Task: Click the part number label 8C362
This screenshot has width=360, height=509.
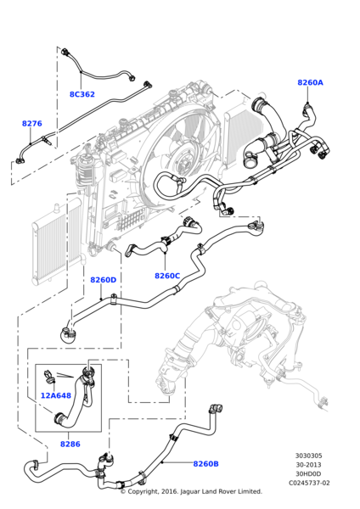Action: [x=82, y=94]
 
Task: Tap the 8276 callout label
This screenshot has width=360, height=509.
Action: [x=31, y=124]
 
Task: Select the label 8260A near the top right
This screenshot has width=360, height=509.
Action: [x=310, y=83]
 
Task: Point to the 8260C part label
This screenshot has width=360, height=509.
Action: [x=166, y=276]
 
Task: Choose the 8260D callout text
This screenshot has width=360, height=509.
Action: [x=103, y=280]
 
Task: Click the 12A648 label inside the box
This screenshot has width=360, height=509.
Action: [x=56, y=395]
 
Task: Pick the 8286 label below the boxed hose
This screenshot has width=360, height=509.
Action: [x=70, y=444]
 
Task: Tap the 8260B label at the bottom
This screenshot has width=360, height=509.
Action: [x=205, y=464]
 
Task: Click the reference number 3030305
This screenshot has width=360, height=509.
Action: [x=308, y=456]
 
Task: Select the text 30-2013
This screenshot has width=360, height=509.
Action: [x=308, y=465]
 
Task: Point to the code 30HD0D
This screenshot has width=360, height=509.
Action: [x=308, y=473]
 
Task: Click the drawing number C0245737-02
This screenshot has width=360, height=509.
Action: [x=308, y=483]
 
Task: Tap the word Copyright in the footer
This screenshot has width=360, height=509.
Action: [x=149, y=491]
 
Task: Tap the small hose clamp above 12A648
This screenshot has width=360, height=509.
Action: [x=51, y=373]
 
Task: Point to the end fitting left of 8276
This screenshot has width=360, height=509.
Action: [x=20, y=159]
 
